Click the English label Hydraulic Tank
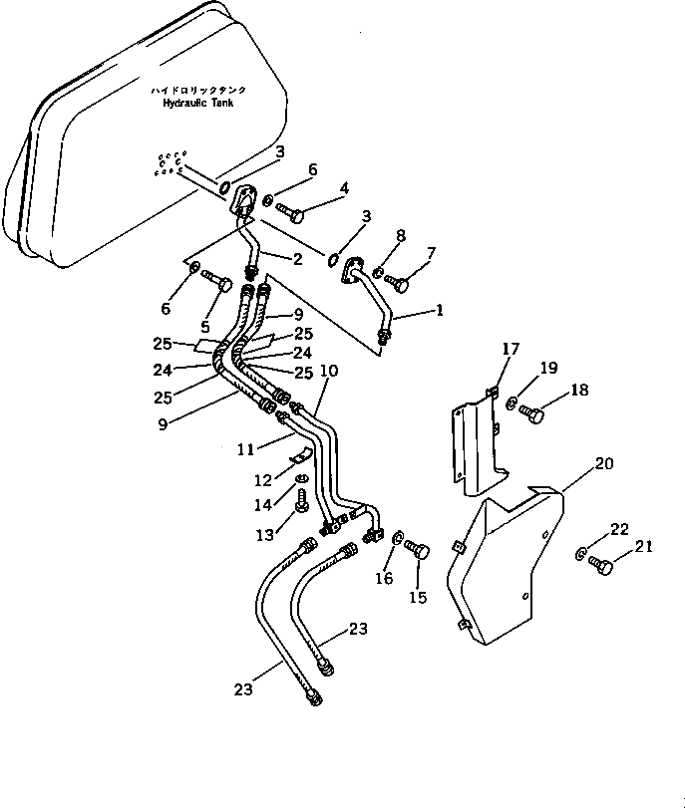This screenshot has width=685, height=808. [x=198, y=103]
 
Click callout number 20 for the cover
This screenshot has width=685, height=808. [x=604, y=463]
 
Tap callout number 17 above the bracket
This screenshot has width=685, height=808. [x=511, y=349]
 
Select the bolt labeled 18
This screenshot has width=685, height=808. [x=531, y=413]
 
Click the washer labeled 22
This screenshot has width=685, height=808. [x=579, y=555]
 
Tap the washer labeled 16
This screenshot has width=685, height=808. [x=397, y=538]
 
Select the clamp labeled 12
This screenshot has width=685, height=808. [x=300, y=455]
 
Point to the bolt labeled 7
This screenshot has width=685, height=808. [x=397, y=282]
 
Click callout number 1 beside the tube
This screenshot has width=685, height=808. [x=439, y=310]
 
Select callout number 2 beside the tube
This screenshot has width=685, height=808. [x=297, y=259]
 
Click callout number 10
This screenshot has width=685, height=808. [x=329, y=371]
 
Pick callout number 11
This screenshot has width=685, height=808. [x=245, y=449]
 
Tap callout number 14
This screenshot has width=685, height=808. [x=262, y=505]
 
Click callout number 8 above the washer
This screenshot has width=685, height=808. [x=400, y=235]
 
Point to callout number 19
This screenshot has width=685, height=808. [x=548, y=368]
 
